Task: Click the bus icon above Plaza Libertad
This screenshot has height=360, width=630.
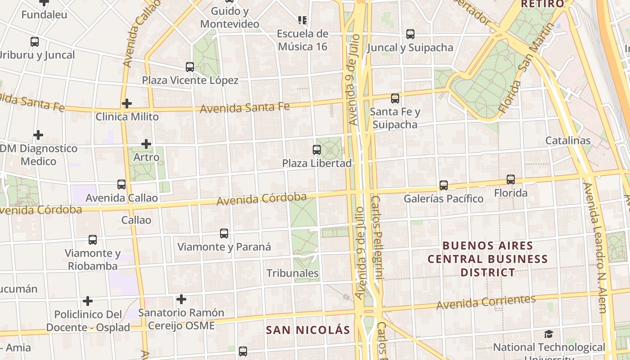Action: pos(317,150)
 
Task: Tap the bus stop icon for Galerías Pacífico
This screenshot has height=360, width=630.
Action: pos(444,185)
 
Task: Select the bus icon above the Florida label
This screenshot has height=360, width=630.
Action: pos(511,180)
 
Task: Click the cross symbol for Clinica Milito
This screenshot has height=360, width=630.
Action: pos(127,103)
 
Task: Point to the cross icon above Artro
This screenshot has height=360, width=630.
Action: pos(146,144)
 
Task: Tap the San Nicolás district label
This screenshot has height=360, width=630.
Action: pos(308,330)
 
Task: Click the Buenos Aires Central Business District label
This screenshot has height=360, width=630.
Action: pos(488,259)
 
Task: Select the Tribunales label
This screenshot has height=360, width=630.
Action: pos(292,273)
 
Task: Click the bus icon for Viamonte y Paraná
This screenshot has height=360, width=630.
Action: pos(224,234)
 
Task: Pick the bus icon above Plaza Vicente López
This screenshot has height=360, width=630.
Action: pos(190,67)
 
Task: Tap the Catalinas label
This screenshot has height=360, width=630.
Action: pos(568,140)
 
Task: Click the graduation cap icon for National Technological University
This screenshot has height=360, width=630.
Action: pos(549,334)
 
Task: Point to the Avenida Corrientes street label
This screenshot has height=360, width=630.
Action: pos(486,302)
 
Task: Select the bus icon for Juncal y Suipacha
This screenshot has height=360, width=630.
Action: pos(410,34)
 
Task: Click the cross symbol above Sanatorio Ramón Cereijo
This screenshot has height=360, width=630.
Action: pos(181,299)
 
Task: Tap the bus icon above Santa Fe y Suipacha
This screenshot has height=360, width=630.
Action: pos(395,99)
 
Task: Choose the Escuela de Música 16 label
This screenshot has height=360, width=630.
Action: pos(302,40)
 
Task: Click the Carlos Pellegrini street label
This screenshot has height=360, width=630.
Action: pos(377,238)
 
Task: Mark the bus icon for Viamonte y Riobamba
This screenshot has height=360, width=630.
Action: pos(93,240)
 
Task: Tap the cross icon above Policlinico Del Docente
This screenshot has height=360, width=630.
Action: pos(88,301)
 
